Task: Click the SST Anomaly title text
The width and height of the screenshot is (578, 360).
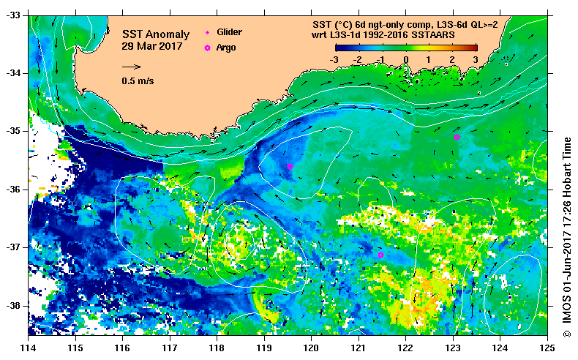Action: [155, 34]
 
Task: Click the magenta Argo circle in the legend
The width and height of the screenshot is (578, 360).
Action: [207, 48]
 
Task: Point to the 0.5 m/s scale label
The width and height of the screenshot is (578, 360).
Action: [138, 81]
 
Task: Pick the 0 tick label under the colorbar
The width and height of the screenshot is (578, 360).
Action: [406, 59]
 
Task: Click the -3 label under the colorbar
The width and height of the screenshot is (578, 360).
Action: [334, 59]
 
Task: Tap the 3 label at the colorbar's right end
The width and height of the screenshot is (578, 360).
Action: [476, 59]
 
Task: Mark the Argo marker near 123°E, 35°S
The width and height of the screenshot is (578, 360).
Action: [457, 137]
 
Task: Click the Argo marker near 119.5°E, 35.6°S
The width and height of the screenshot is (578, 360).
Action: [290, 167]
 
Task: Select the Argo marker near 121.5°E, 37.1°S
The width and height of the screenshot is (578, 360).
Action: [380, 255]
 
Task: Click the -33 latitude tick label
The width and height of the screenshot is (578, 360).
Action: [13, 15]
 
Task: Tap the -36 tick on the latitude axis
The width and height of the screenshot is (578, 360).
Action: [13, 190]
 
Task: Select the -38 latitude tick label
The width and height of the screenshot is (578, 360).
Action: [13, 306]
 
